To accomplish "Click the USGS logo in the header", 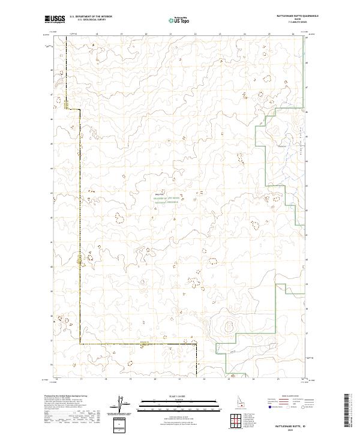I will click(55, 19).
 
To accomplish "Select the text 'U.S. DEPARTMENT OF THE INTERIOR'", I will click(91, 16).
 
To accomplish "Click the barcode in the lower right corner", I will click(347, 413).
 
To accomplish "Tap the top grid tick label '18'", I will click(97, 34).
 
